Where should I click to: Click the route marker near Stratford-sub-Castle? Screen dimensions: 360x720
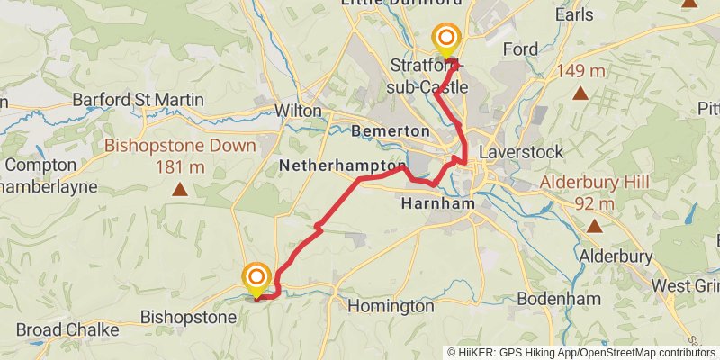tap(446, 39)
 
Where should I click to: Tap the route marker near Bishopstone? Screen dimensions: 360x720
tap(257, 277)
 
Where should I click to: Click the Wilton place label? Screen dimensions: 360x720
tap(300, 110)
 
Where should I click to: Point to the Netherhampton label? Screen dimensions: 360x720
tap(342, 166)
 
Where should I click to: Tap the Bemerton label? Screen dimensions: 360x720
tap(391, 131)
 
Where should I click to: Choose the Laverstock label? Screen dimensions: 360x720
tap(520, 151)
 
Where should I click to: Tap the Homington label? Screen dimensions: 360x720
tap(391, 306)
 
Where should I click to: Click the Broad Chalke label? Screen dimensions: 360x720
tap(67, 329)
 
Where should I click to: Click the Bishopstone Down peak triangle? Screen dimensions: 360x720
tap(181, 190)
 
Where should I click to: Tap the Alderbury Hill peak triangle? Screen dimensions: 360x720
tap(593, 227)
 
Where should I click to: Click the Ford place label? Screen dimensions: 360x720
tap(520, 49)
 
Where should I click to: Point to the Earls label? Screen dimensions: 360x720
tap(574, 14)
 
